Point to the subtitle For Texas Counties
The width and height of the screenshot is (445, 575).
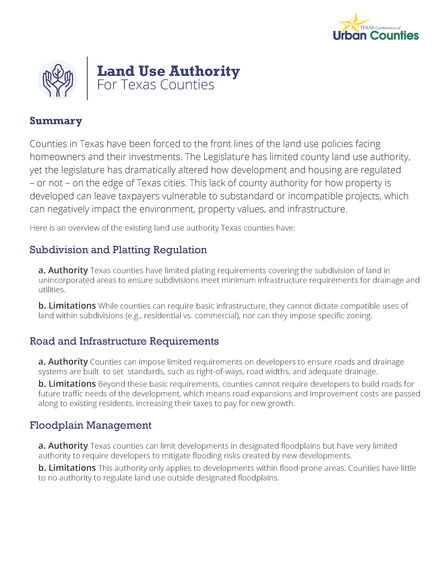[x=156, y=85]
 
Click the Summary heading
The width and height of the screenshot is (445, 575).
[x=56, y=121]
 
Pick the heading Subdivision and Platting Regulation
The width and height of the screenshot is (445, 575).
[x=118, y=250]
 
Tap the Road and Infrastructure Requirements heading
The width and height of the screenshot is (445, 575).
[x=124, y=341]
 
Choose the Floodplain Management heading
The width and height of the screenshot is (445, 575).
[x=90, y=425]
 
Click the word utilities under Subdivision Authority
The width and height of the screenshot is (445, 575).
[x=52, y=290]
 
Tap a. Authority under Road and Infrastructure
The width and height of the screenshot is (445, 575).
[x=63, y=362]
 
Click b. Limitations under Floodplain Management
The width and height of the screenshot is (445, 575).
[x=67, y=468]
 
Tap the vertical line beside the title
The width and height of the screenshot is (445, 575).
[x=87, y=78]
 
